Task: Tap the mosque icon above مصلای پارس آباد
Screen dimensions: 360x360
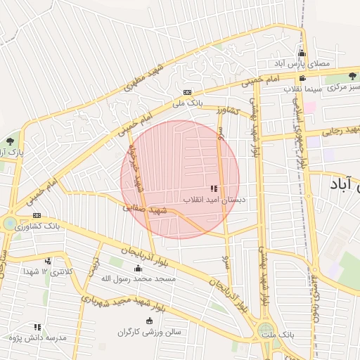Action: pos(302,53)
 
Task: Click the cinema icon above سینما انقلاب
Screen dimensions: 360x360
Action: pos(302,78)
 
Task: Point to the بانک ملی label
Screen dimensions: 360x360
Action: pos(188,103)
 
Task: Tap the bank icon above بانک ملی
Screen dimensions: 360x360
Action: pos(187,92)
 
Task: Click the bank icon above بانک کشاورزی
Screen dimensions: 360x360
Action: pos(37,216)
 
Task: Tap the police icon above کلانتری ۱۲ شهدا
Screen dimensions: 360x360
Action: pos(48,261)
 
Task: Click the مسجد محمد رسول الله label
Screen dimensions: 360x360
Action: pos(136,278)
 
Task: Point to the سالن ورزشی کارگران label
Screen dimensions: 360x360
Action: pos(149,330)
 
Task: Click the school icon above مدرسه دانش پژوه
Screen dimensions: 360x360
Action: pos(37,327)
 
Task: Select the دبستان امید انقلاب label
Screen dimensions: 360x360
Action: pos(214,200)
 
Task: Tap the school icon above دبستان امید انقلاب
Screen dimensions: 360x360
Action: pos(214,189)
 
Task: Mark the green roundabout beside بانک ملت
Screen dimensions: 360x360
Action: pos(265,330)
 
